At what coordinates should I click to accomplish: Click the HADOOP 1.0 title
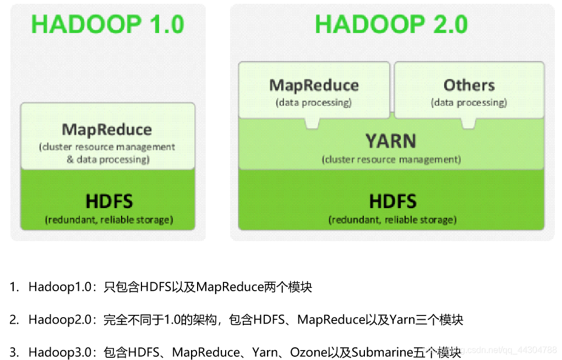tap(108, 25)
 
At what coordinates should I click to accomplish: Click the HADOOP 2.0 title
tap(391, 25)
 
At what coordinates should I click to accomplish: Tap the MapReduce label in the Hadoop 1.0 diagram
tap(107, 130)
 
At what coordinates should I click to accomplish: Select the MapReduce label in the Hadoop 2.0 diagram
tap(314, 85)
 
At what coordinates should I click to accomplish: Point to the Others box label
tap(469, 85)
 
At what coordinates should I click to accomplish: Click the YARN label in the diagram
tap(391, 141)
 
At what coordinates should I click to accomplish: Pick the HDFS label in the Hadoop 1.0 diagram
tap(109, 201)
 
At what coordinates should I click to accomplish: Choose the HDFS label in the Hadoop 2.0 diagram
tap(392, 201)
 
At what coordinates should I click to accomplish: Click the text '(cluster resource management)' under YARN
tap(391, 160)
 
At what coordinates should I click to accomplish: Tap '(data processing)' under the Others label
tap(469, 102)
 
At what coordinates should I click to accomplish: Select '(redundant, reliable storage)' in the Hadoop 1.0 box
tap(109, 220)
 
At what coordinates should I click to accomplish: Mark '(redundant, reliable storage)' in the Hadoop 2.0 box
tap(392, 220)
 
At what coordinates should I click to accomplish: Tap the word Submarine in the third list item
tap(383, 352)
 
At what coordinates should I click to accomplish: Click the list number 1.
tap(14, 287)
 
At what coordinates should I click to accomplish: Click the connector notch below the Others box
tap(468, 124)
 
